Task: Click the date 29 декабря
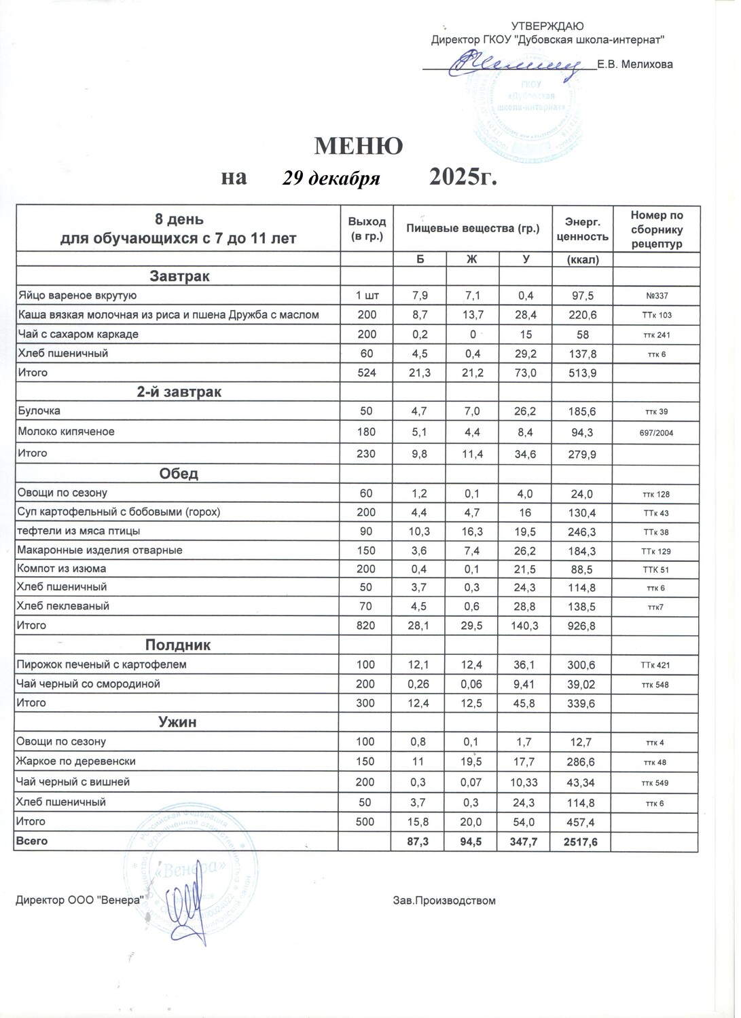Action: pyautogui.click(x=331, y=178)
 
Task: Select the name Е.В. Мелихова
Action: pyautogui.click(x=635, y=64)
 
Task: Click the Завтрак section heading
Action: pyautogui.click(x=179, y=276)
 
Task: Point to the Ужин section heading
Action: pyautogui.click(x=177, y=722)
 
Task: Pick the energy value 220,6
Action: pyautogui.click(x=582, y=315)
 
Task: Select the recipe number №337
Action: pyautogui.click(x=656, y=296)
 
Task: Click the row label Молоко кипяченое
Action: pyautogui.click(x=66, y=432)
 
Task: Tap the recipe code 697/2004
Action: pyautogui.click(x=656, y=432)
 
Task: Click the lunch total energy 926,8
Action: pyautogui.click(x=582, y=626)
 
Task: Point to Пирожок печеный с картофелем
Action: pyautogui.click(x=101, y=664)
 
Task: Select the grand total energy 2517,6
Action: pyautogui.click(x=582, y=841)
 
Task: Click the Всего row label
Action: pyautogui.click(x=32, y=841)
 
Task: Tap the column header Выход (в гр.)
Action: pyautogui.click(x=367, y=229)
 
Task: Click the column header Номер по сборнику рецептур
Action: pyautogui.click(x=656, y=229)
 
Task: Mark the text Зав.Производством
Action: pyautogui.click(x=444, y=901)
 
